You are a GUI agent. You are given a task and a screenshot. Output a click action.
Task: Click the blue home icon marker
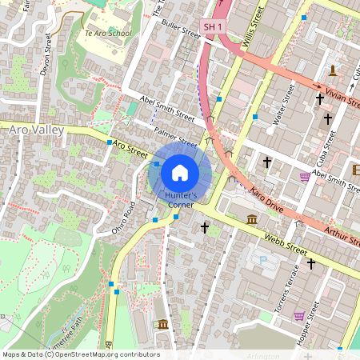pyautogui.click(x=180, y=171)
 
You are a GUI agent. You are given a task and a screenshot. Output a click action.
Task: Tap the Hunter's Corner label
pyautogui.click(x=180, y=200)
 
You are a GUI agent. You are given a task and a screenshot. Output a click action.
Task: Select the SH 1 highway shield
pyautogui.click(x=211, y=26)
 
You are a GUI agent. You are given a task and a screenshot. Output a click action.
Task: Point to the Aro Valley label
pyautogui.click(x=26, y=129)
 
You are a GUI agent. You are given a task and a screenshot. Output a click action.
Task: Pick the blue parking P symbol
pyautogui.click(x=262, y=260)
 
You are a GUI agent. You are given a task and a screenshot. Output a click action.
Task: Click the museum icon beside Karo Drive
pyautogui.click(x=252, y=219)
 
